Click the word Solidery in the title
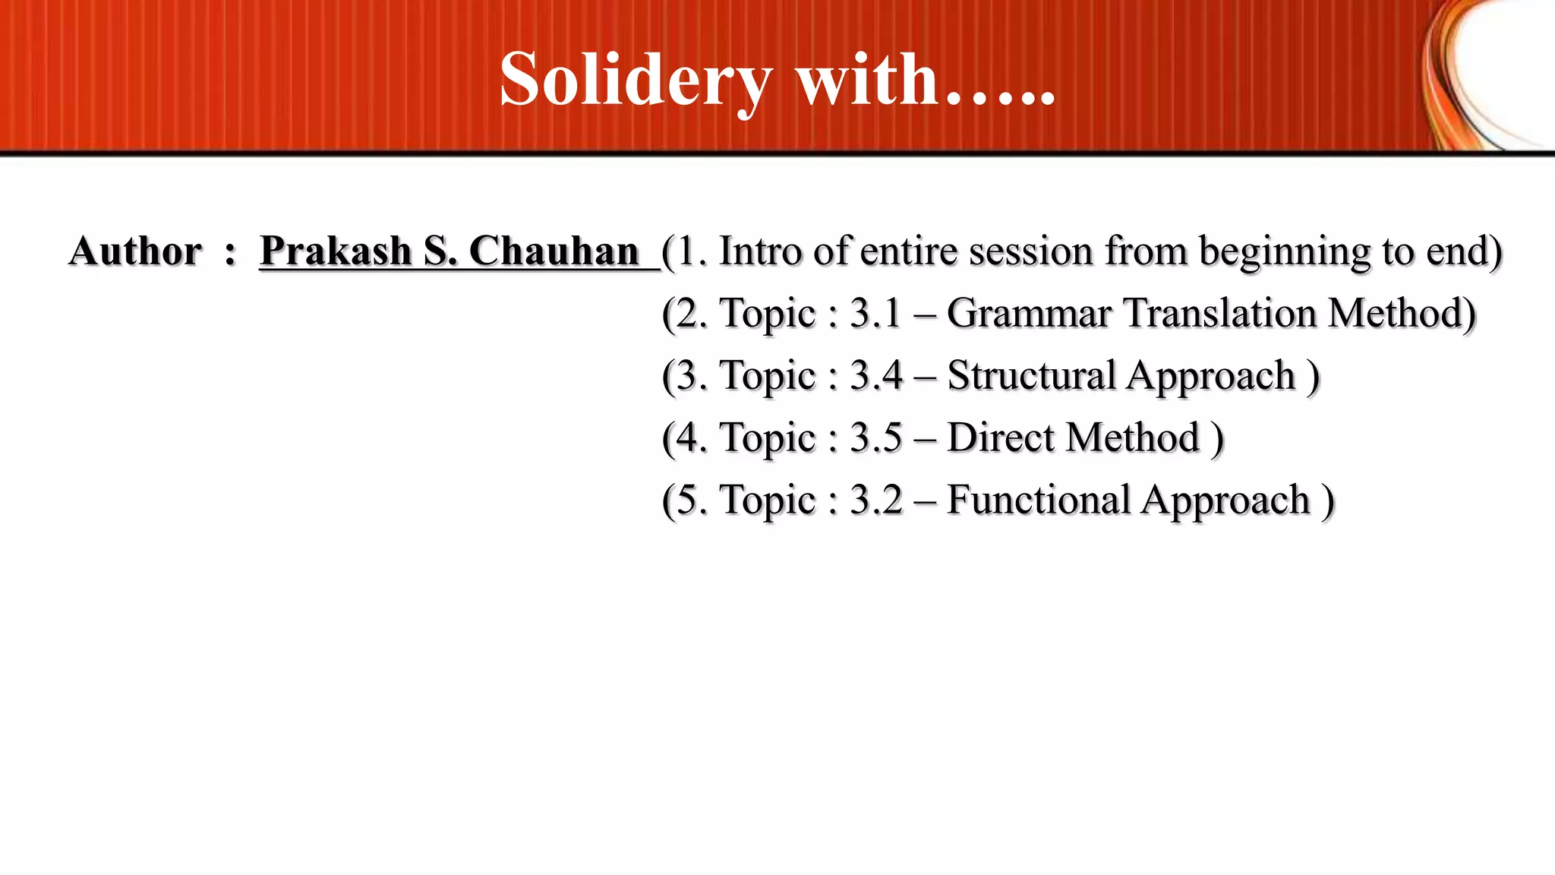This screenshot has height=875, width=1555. [636, 79]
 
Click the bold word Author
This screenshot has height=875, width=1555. [135, 251]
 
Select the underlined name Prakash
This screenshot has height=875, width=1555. [335, 251]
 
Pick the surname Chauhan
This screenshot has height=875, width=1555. [554, 251]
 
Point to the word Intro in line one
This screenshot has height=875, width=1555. [760, 251]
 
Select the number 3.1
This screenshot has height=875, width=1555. [876, 313]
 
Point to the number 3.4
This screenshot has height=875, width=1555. [876, 375]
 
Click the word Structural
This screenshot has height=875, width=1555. [1030, 375]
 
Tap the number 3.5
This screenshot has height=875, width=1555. [876, 437]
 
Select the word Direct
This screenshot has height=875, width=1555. [1001, 437]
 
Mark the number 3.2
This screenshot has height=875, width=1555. [876, 500]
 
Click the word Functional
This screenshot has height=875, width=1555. [1039, 500]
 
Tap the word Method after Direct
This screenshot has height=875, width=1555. [1133, 437]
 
